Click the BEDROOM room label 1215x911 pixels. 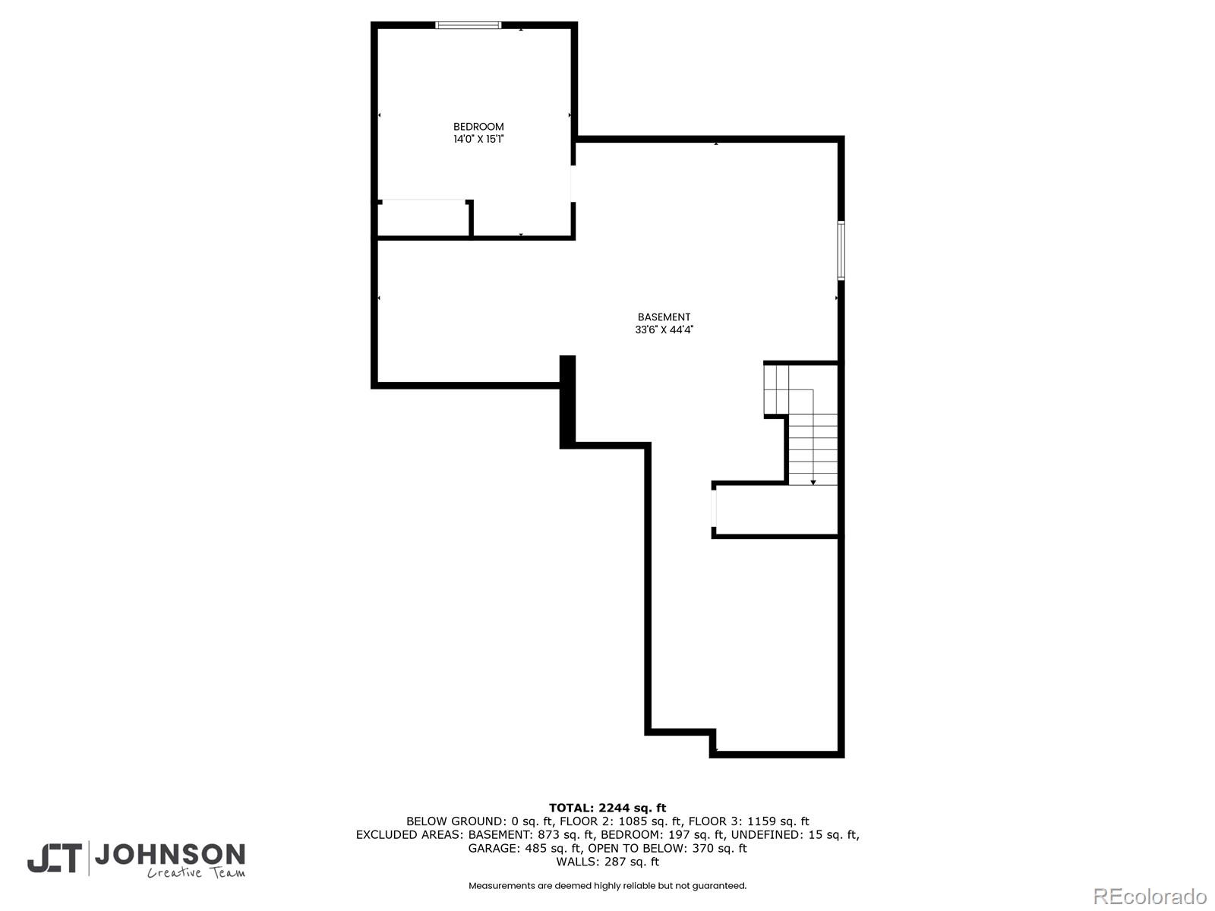point(478,127)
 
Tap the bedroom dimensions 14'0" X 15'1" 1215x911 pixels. point(478,140)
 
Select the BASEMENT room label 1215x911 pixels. point(664,317)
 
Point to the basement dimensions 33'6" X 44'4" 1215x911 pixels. point(664,330)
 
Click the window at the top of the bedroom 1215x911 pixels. point(469,25)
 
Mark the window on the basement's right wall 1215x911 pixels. point(841,250)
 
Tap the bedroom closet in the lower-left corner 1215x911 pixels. point(423,219)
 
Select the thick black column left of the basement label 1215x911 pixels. point(567,401)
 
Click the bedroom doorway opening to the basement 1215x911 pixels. point(573,183)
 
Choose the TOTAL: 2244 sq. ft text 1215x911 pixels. point(607,808)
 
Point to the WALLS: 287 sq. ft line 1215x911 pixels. point(607,862)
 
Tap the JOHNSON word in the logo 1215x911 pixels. point(169,856)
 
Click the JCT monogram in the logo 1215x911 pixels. point(55,859)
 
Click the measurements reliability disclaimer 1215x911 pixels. point(607,886)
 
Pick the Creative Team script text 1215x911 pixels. point(196,874)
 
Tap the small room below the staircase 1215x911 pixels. point(776,510)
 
